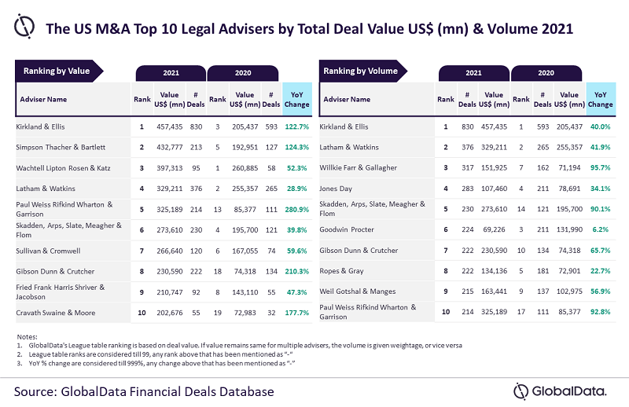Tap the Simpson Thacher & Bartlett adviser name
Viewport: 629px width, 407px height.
63,146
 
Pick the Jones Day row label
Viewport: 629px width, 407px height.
337,189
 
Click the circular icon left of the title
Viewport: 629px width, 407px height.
25,25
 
